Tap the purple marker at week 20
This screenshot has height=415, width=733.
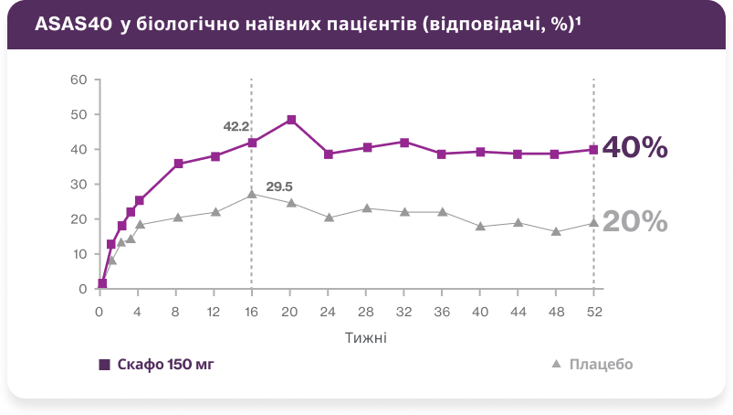coord(291,120)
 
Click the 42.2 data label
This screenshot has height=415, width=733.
coord(236,127)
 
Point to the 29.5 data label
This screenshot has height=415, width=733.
coord(279,187)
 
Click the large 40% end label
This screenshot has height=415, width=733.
coord(635,148)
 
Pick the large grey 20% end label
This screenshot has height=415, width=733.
coord(635,222)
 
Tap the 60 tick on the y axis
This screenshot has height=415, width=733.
coord(79,80)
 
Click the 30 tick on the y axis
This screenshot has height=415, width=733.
coord(79,185)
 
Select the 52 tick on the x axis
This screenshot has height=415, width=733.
coord(594,311)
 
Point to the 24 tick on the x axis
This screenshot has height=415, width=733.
coord(329,311)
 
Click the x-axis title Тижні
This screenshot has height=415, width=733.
coord(365,337)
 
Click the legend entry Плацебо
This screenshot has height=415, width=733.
coord(601,364)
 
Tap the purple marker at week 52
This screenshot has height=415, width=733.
coord(593,149)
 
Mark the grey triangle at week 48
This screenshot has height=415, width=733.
coord(556,231)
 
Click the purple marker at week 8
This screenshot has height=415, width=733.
coord(178,164)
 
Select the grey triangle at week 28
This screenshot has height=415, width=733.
coord(366,208)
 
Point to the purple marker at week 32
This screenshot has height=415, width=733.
coord(404,143)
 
